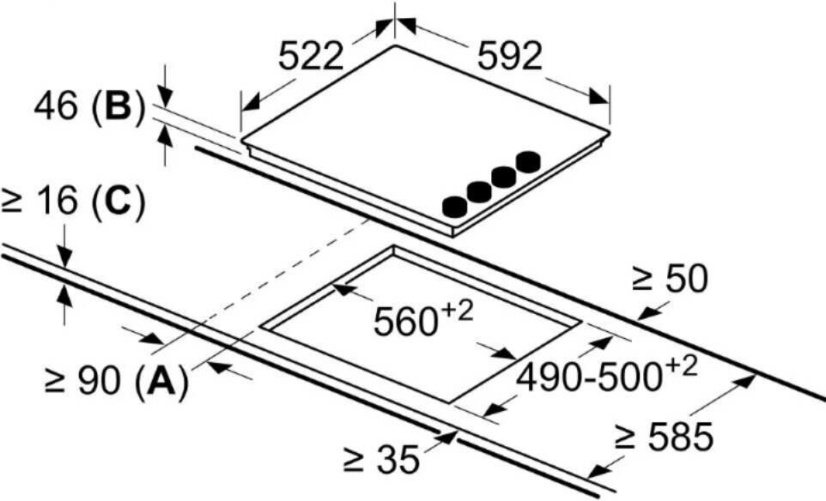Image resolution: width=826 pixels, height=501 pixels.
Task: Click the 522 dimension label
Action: point(311,57)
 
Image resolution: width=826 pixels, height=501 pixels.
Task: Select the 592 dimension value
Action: point(509,57)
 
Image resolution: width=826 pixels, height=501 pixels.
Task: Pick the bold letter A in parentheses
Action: point(161,381)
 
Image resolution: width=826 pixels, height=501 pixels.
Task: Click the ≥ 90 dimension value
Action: point(82,381)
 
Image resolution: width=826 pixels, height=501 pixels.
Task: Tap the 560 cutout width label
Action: point(405,322)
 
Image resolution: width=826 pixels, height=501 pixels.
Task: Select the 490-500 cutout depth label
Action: point(588,377)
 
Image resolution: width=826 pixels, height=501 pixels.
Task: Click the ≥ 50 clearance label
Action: point(670,280)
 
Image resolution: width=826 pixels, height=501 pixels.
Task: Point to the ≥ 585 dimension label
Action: point(665,437)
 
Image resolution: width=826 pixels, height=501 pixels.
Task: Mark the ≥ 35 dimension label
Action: point(381,459)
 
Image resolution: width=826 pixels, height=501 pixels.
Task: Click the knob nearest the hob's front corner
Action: point(454,207)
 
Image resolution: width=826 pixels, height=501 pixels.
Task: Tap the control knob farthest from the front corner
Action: point(528,161)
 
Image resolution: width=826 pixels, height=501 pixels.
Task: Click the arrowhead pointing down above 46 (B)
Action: point(166,97)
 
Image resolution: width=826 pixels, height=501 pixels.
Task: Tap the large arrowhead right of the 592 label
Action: point(599,96)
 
